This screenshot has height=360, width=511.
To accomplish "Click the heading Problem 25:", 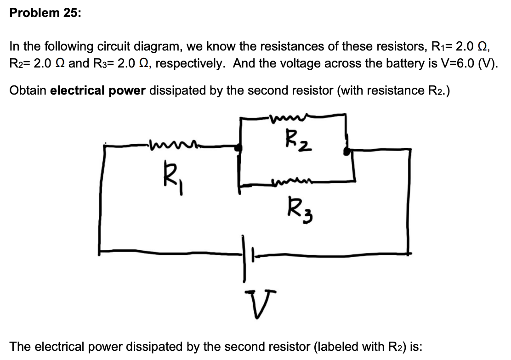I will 45,13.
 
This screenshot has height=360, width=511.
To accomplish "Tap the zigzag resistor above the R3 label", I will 291,183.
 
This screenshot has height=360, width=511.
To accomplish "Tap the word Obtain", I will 28,90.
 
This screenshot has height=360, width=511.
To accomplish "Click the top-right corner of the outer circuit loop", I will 408,150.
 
